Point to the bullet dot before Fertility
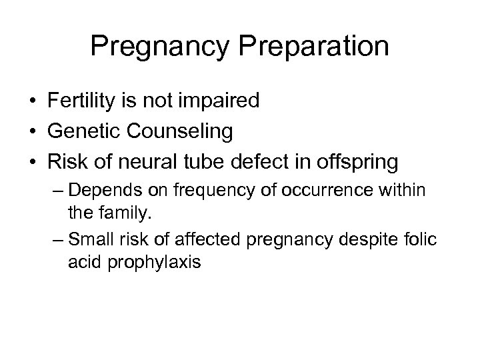(x=33, y=102)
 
